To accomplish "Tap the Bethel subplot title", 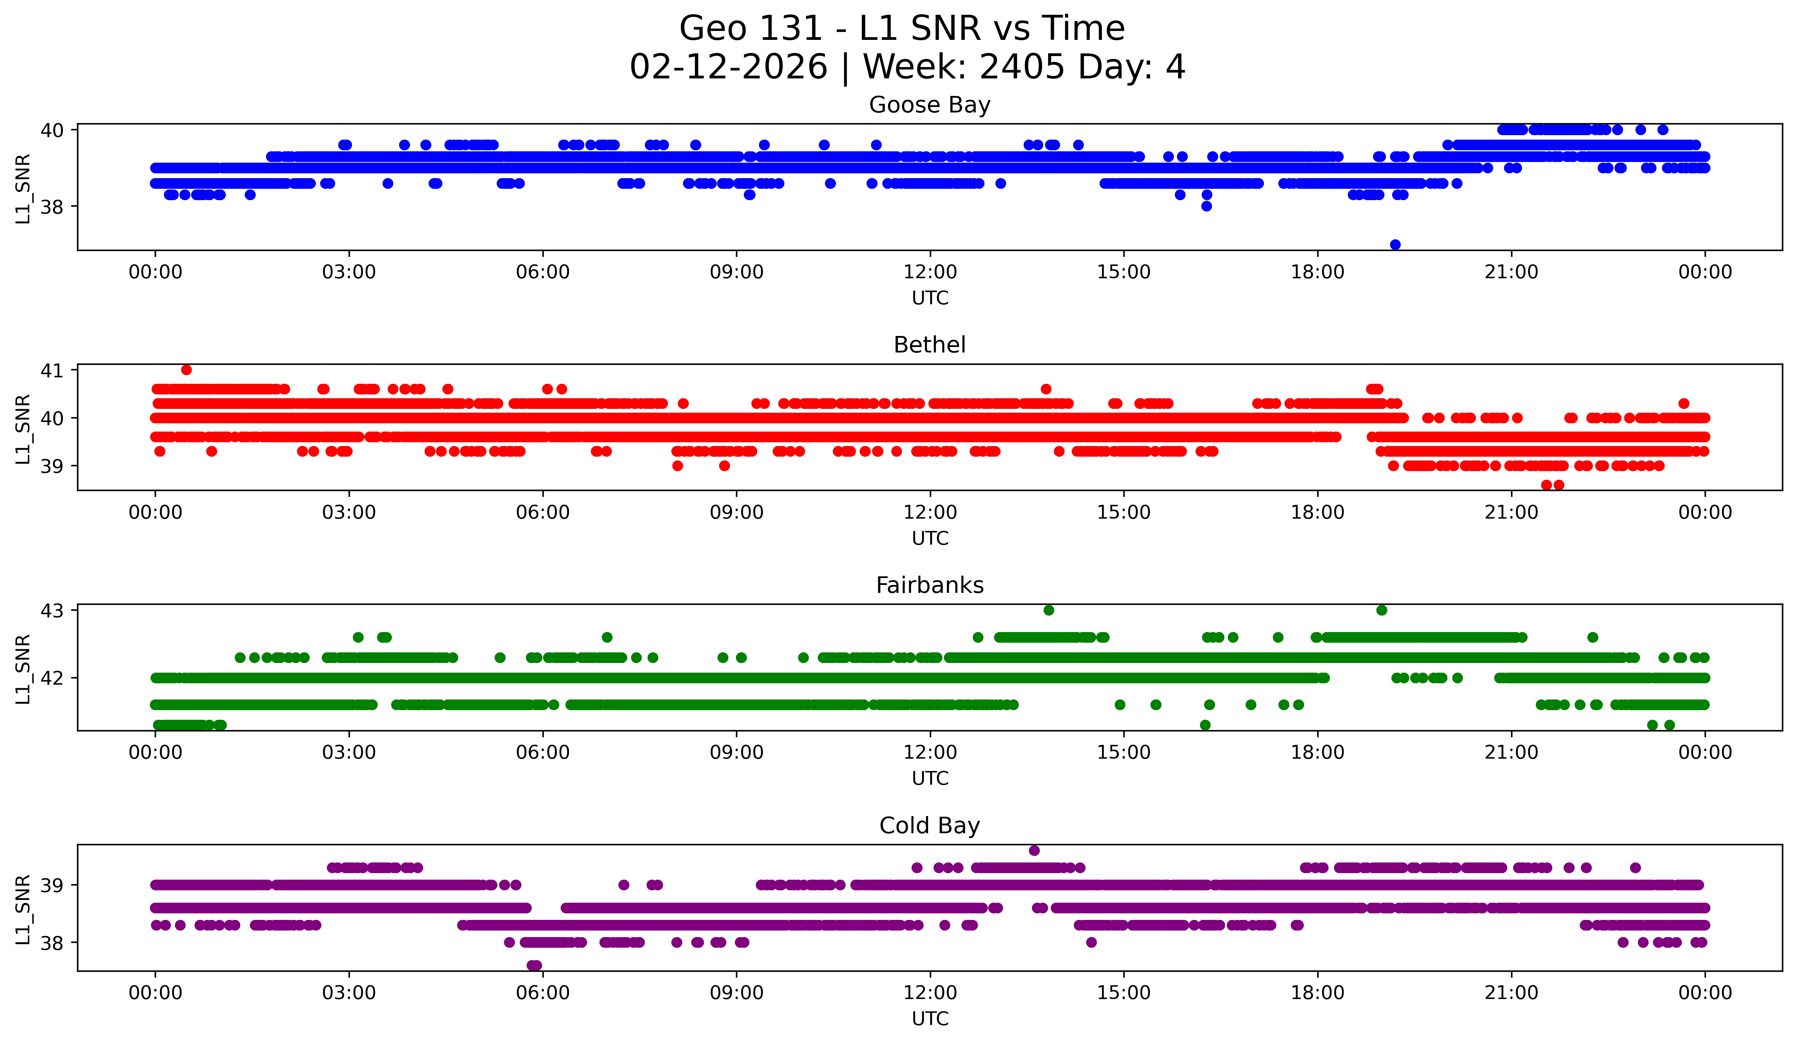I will [929, 345].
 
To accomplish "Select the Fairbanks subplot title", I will [929, 585].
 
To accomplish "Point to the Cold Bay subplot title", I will [929, 826].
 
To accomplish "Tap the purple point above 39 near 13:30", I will [1034, 850].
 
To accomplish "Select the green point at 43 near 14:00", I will [1048, 610].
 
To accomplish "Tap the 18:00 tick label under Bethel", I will [1317, 513].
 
